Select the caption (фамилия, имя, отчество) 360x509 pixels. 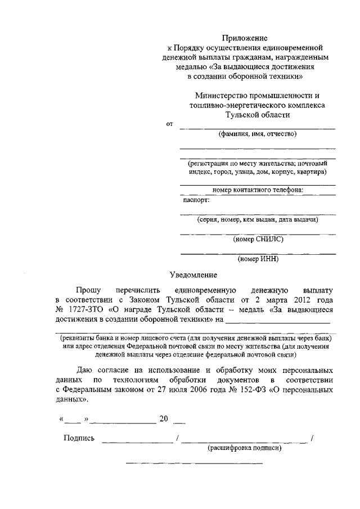click(257, 134)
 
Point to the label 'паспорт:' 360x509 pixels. click(196, 199)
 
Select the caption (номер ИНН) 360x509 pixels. click(258, 259)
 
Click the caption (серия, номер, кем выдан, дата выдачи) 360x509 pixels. click(258, 219)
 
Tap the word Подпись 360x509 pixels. click(79, 438)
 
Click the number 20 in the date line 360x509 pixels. click(164, 419)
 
